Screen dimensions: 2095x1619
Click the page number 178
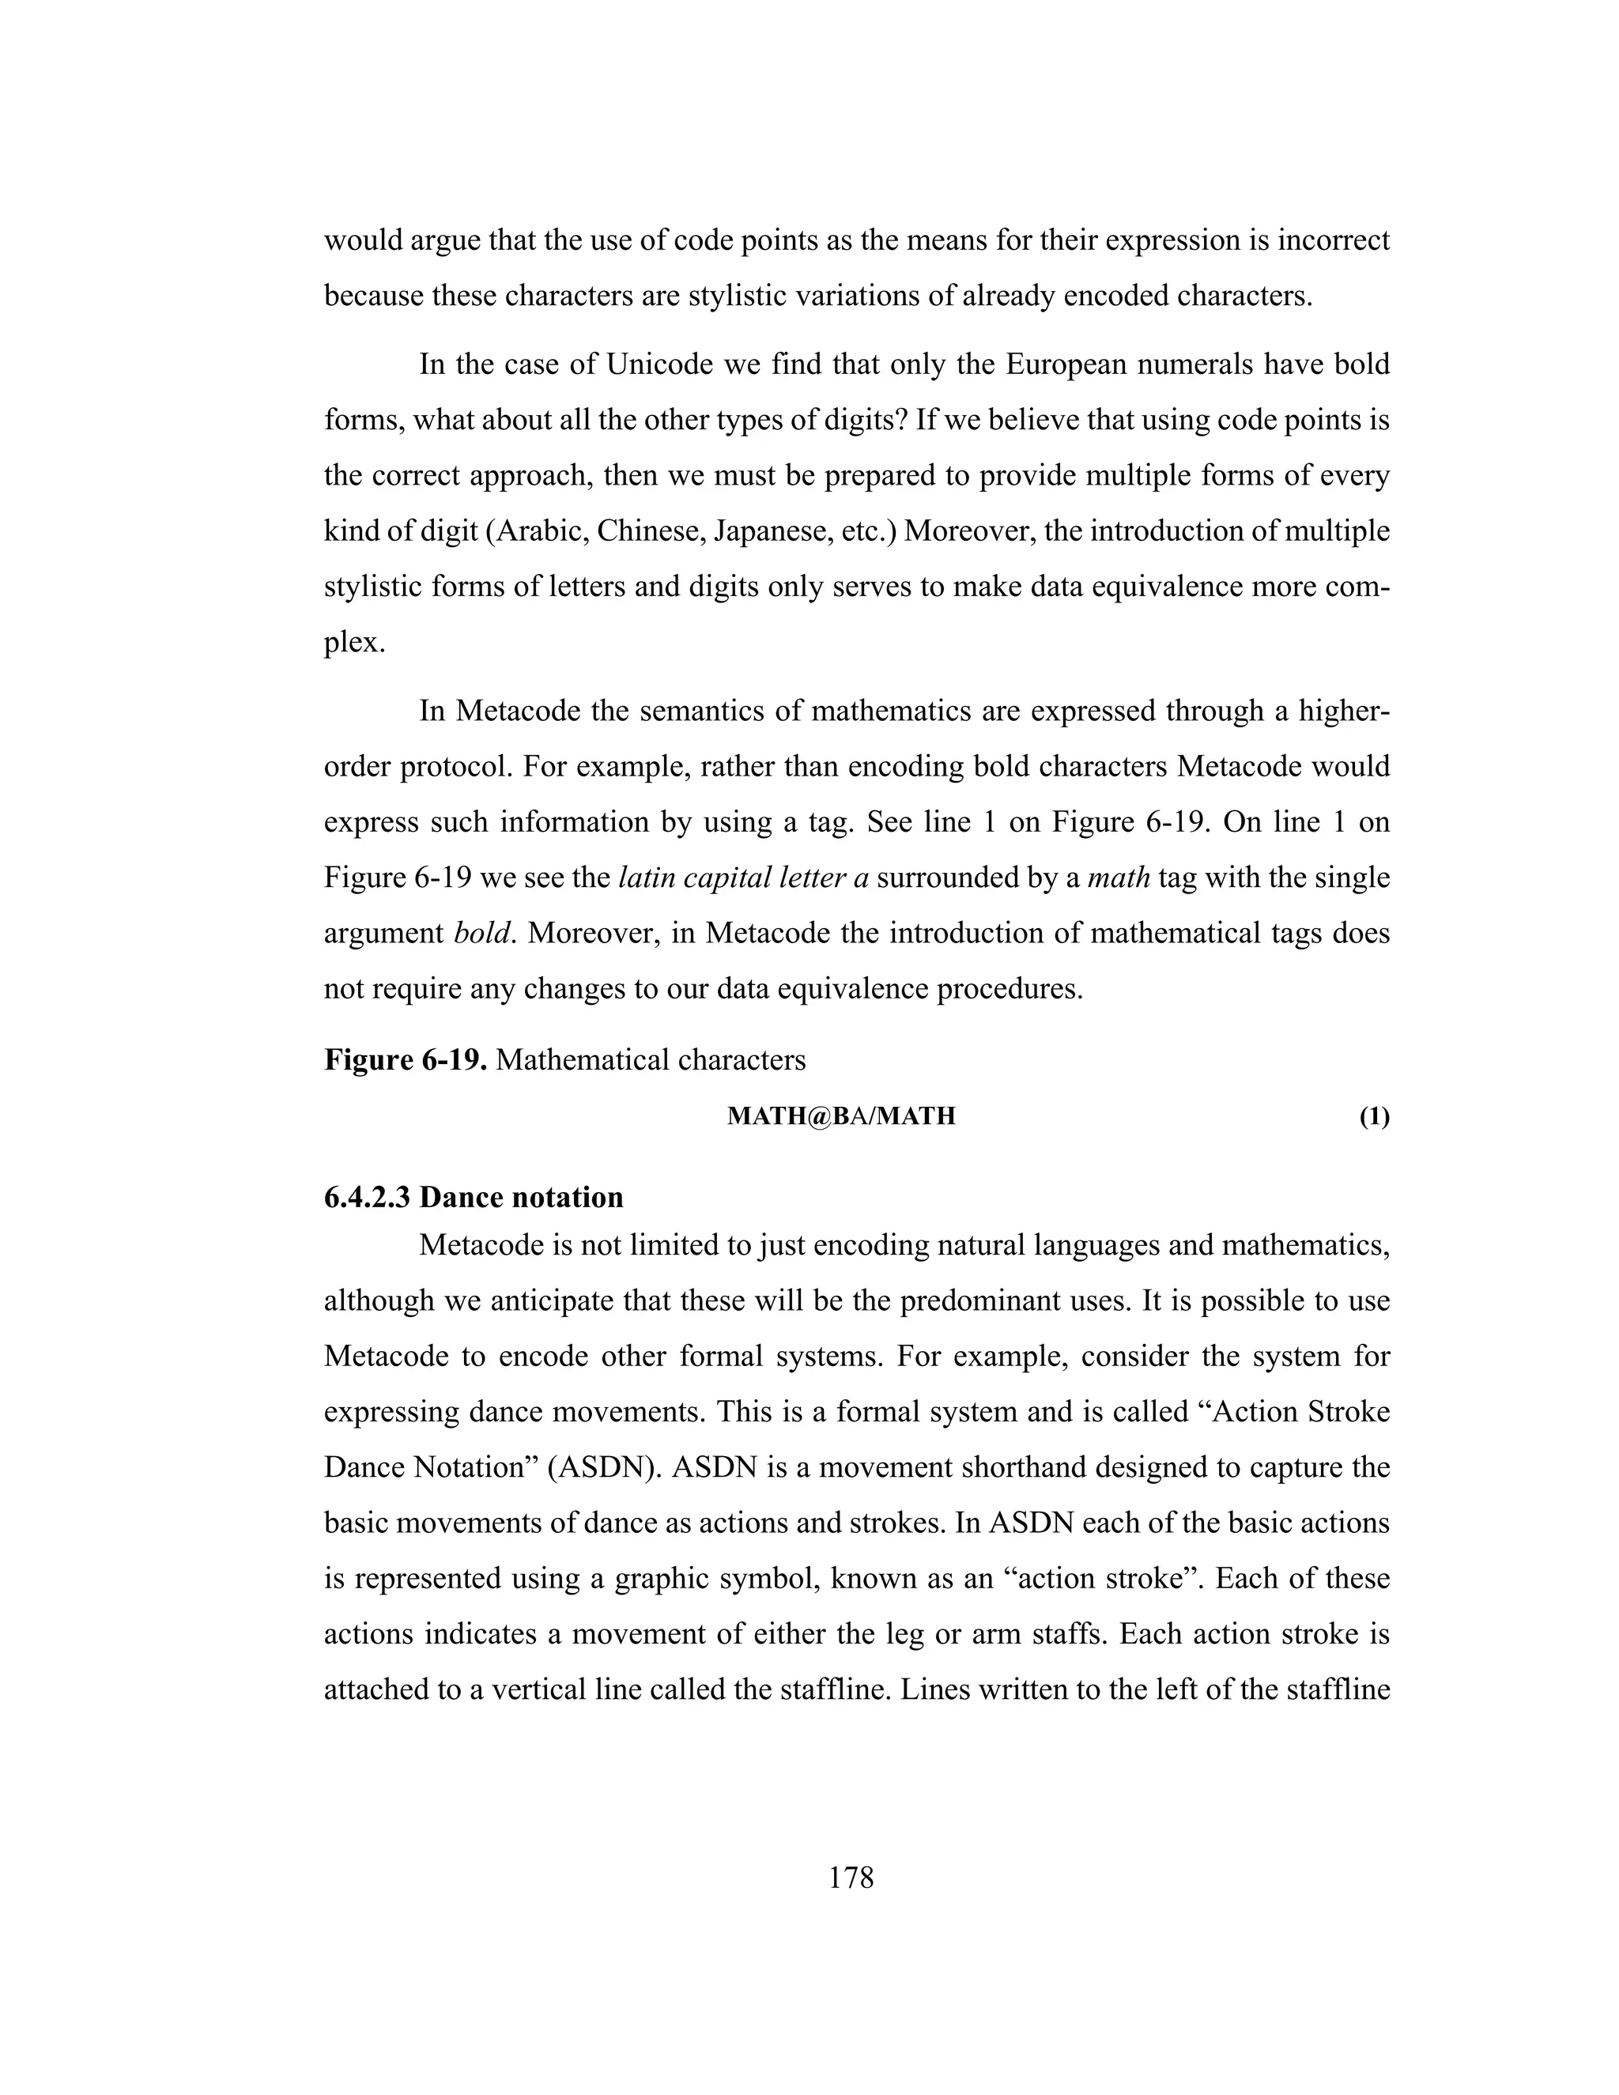851,1878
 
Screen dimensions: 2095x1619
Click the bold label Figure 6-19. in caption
406,1059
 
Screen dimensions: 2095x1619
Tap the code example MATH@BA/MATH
841,1116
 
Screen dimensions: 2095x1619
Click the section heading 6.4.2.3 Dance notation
474,1197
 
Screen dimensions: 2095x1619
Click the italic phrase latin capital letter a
743,877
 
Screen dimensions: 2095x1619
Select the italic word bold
482,932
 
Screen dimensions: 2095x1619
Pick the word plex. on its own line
355,642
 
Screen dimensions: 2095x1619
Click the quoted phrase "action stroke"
1102,1579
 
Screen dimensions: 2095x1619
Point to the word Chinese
649,530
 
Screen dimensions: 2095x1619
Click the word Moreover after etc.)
968,530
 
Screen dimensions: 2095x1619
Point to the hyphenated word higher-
1343,711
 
